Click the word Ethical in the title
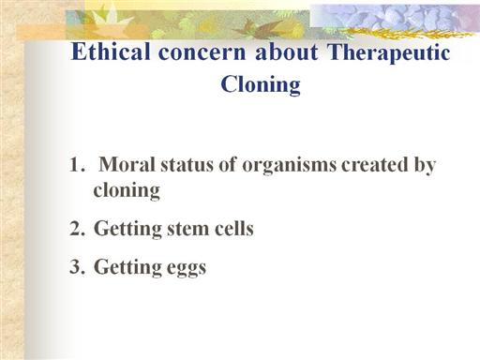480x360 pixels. point(111,52)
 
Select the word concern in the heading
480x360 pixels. point(202,52)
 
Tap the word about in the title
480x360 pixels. point(287,52)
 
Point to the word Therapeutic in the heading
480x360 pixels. point(388,53)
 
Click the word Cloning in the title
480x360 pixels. point(261,84)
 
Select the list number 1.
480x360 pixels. point(77,164)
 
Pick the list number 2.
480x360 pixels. point(77,228)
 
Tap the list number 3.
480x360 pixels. point(77,266)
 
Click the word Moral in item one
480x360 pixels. point(127,164)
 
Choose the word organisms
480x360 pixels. point(290,166)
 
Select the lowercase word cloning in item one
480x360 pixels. point(127,190)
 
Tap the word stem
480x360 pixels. point(188,229)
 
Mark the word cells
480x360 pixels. point(234,228)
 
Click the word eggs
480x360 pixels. point(187,268)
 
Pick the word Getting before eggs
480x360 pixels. point(127,267)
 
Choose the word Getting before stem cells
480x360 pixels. point(127,229)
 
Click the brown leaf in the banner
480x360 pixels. point(262,29)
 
